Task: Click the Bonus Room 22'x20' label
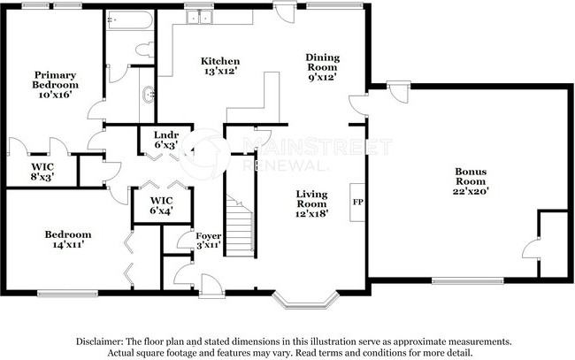471,181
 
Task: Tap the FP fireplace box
357,202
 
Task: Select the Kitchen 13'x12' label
220,66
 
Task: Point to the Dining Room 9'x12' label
323,67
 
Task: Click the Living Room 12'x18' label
311,203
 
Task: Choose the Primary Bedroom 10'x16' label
55,85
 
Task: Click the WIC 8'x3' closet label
42,172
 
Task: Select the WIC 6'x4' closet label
161,206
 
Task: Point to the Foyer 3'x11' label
208,241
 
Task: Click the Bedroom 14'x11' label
68,239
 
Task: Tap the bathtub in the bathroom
129,20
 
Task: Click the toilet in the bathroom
144,50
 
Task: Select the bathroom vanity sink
149,95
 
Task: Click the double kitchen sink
200,17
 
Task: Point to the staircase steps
239,225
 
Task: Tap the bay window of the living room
305,300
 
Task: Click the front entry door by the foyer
211,285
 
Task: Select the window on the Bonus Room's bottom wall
468,280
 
